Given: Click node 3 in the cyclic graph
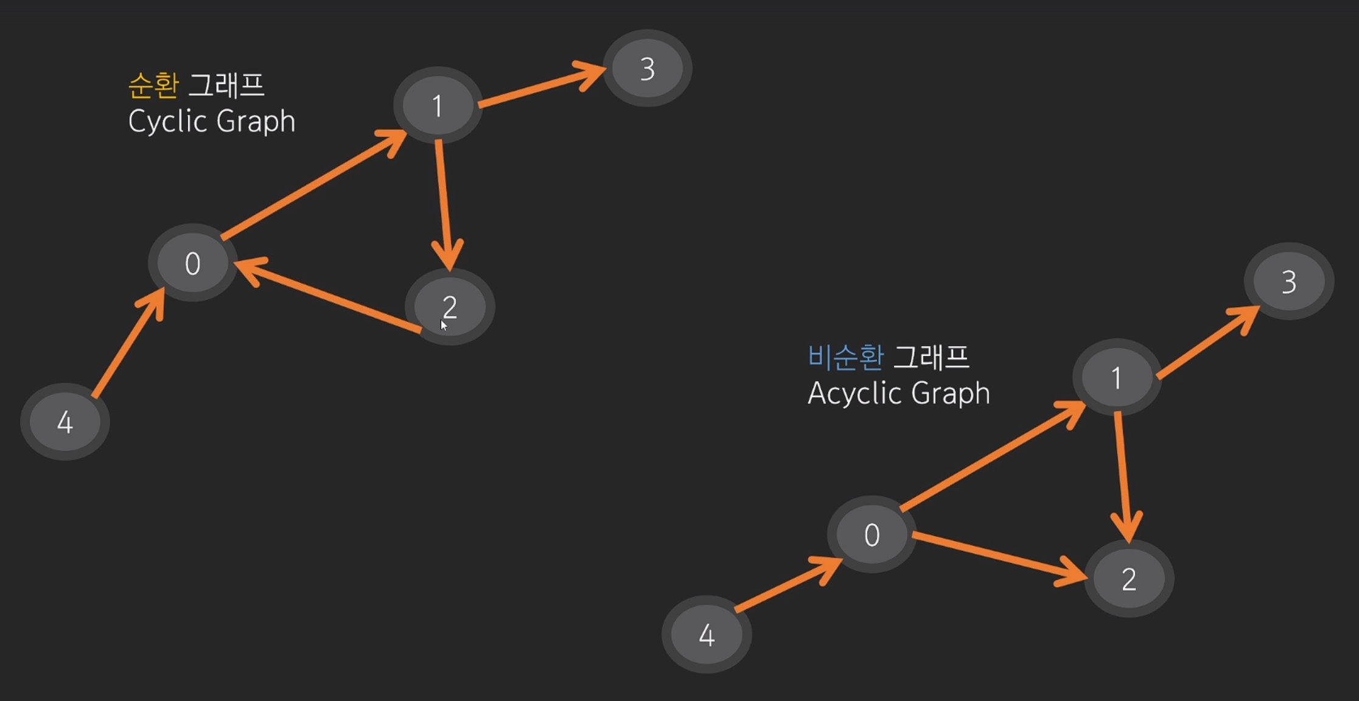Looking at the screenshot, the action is [647, 68].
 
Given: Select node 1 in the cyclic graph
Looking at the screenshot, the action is [438, 105].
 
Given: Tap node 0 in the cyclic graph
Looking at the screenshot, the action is [192, 263].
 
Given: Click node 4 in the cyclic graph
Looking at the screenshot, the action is [65, 422].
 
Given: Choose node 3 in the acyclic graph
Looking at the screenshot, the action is [1288, 281].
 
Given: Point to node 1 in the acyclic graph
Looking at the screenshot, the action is [1116, 377].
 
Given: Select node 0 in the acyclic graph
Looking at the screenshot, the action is [872, 534].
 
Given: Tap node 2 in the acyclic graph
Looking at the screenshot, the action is [1129, 579].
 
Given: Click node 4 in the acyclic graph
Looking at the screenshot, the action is [707, 634].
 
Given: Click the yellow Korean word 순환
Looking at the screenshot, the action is [153, 85].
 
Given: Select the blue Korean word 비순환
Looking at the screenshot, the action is [845, 357].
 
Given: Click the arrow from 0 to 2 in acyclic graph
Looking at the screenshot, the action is [998, 556].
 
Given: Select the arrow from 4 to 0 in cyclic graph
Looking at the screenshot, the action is [128, 343].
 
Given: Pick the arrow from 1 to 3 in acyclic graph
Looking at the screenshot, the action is [1208, 342].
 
